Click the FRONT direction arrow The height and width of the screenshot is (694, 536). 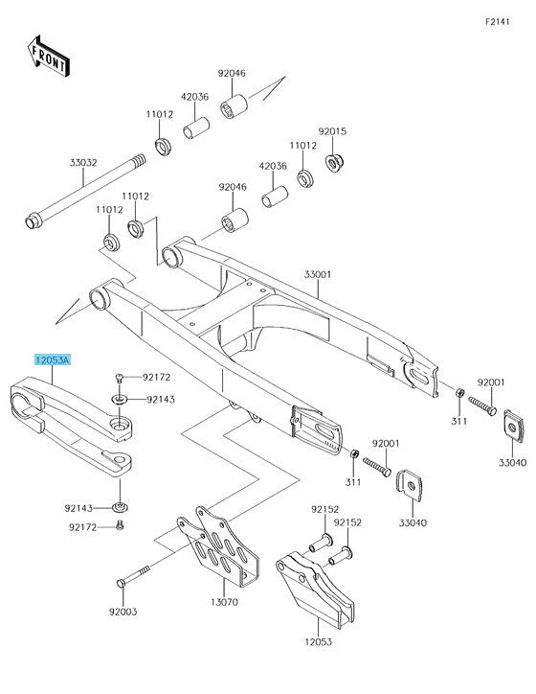[x=49, y=57]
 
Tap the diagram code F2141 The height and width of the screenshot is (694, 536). [x=498, y=22]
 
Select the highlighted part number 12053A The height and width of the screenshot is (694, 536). [x=53, y=360]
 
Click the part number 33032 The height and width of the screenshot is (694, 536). [x=83, y=162]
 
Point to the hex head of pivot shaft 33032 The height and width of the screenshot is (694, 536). [x=33, y=220]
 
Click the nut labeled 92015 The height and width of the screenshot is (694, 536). [x=334, y=163]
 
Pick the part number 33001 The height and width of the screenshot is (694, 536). [x=318, y=274]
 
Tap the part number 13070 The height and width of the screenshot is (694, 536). [x=224, y=602]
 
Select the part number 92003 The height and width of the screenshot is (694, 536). [x=123, y=612]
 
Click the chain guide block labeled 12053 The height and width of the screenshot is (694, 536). [x=315, y=590]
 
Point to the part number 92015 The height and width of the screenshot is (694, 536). [x=332, y=131]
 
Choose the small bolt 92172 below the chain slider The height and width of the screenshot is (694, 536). [x=120, y=525]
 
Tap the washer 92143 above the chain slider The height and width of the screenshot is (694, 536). [x=120, y=400]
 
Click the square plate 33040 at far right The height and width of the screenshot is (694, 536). [x=514, y=426]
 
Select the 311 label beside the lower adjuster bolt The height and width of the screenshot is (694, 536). [x=353, y=482]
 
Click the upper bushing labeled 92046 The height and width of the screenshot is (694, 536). [x=234, y=106]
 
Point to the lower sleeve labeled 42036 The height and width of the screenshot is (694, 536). [x=275, y=197]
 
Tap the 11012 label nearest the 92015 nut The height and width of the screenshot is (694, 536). [x=303, y=145]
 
